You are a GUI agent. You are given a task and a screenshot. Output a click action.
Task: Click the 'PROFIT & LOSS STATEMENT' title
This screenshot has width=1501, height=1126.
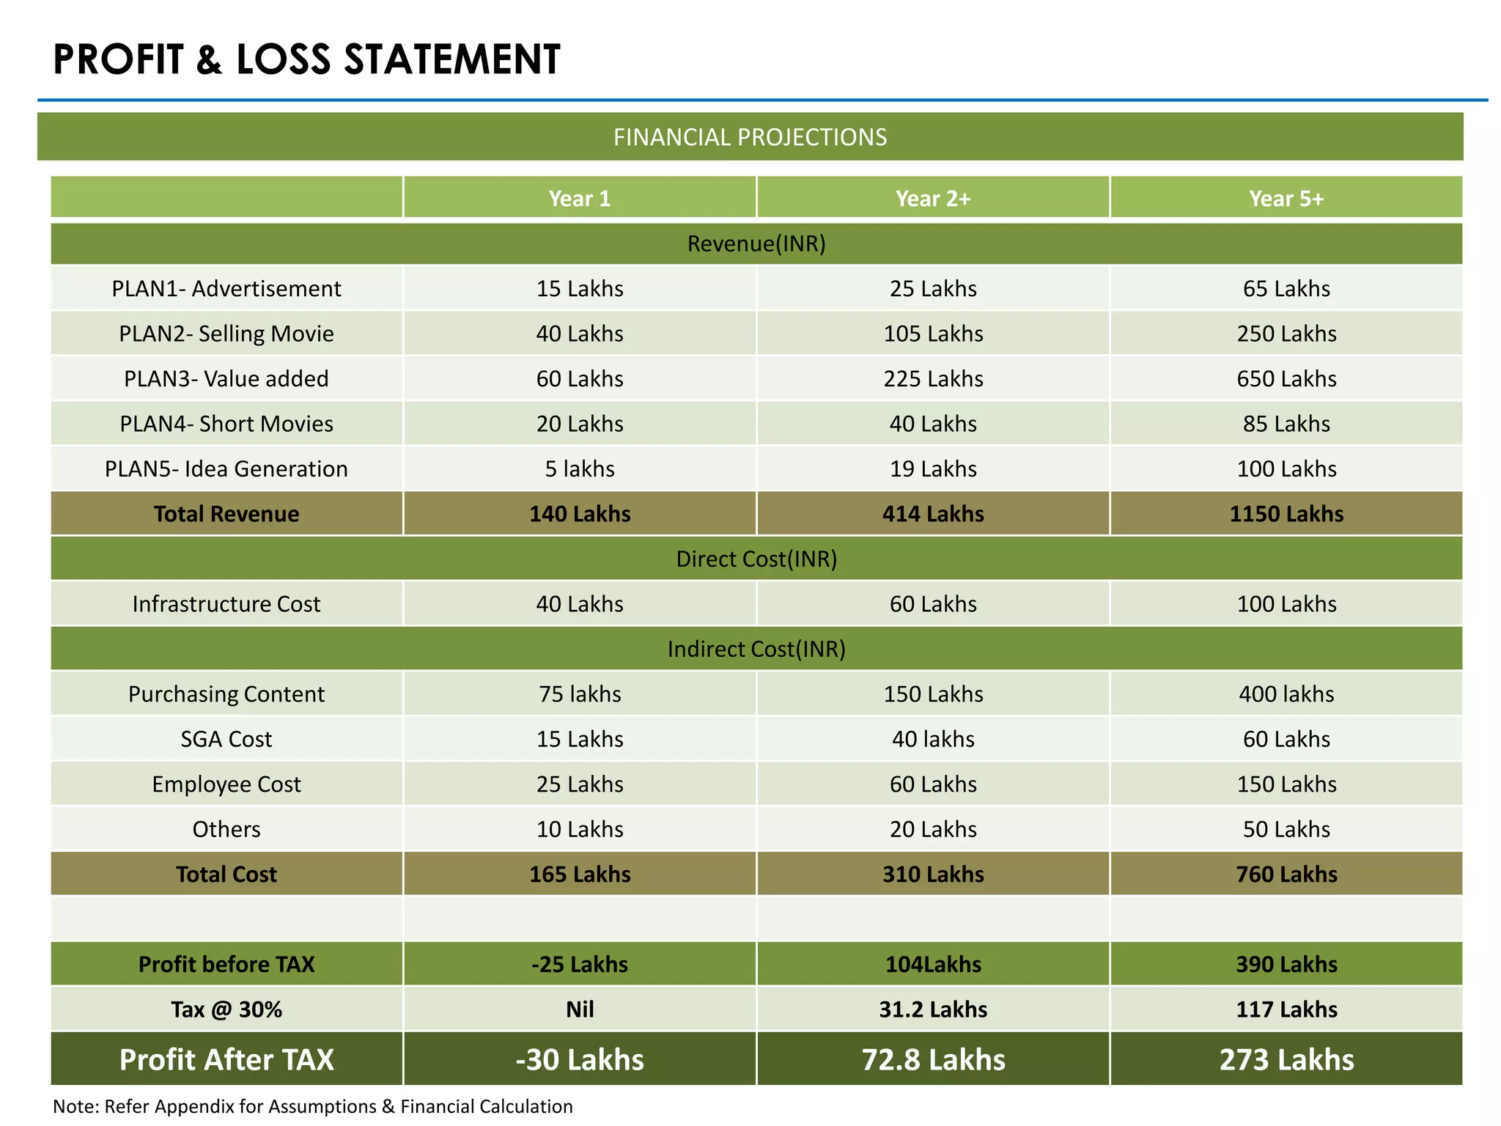tap(306, 59)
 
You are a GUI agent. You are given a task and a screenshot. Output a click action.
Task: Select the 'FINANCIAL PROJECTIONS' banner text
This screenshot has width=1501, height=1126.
tap(750, 137)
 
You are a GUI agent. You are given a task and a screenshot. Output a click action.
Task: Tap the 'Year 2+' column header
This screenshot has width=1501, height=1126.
tap(932, 199)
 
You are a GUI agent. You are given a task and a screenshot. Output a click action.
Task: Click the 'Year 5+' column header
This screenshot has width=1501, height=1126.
tap(1286, 199)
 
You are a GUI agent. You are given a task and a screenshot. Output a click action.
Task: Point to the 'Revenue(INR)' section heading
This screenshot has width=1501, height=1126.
tap(756, 243)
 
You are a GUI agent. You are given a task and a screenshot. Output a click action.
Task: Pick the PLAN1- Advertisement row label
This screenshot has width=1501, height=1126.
tap(226, 288)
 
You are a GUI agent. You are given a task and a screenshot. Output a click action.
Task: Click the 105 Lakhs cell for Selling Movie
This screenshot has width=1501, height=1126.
tap(932, 334)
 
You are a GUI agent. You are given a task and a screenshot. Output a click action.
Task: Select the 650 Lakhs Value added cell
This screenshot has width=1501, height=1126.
tap(1286, 378)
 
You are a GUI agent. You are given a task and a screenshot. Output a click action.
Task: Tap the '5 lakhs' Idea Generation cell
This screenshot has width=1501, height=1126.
tap(579, 468)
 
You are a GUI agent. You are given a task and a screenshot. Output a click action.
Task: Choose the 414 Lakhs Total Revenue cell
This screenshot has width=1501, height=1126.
tap(932, 514)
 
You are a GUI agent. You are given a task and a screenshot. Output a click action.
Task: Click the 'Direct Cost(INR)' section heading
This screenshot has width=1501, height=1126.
tap(756, 559)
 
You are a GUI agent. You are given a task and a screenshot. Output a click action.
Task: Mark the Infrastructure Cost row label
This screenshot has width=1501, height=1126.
tap(226, 604)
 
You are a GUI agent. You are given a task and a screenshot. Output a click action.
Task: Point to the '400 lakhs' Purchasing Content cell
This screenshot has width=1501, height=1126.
tap(1286, 693)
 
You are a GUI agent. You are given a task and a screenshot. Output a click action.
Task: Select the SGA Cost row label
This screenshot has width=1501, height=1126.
tap(226, 739)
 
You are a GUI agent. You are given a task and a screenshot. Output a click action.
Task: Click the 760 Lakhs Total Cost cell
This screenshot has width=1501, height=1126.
tap(1286, 874)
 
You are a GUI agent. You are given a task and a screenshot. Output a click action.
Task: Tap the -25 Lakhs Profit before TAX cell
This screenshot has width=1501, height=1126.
tap(579, 964)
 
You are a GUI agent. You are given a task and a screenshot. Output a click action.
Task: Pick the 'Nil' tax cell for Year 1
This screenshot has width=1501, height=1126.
tap(579, 1009)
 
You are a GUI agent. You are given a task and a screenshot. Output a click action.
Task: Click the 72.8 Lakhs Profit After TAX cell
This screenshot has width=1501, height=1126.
tap(932, 1059)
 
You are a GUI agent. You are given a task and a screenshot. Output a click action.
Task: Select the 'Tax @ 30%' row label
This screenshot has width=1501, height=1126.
tap(226, 1009)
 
